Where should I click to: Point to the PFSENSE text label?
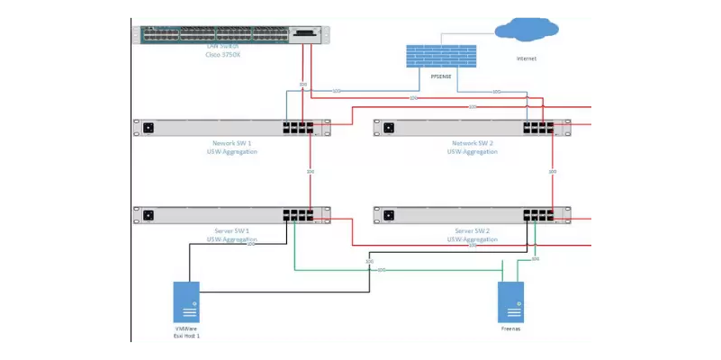coord(441,77)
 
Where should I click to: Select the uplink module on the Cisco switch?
coord(303,34)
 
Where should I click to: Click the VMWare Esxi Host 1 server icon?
coord(186,301)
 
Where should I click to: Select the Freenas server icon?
coord(511,301)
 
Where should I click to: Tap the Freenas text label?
coord(511,330)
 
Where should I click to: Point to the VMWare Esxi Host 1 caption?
coord(186,333)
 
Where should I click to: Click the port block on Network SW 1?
coord(298,127)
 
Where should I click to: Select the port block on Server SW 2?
coord(539,215)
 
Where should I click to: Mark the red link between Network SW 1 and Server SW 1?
coord(310,180)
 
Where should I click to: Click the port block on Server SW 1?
coord(298,215)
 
